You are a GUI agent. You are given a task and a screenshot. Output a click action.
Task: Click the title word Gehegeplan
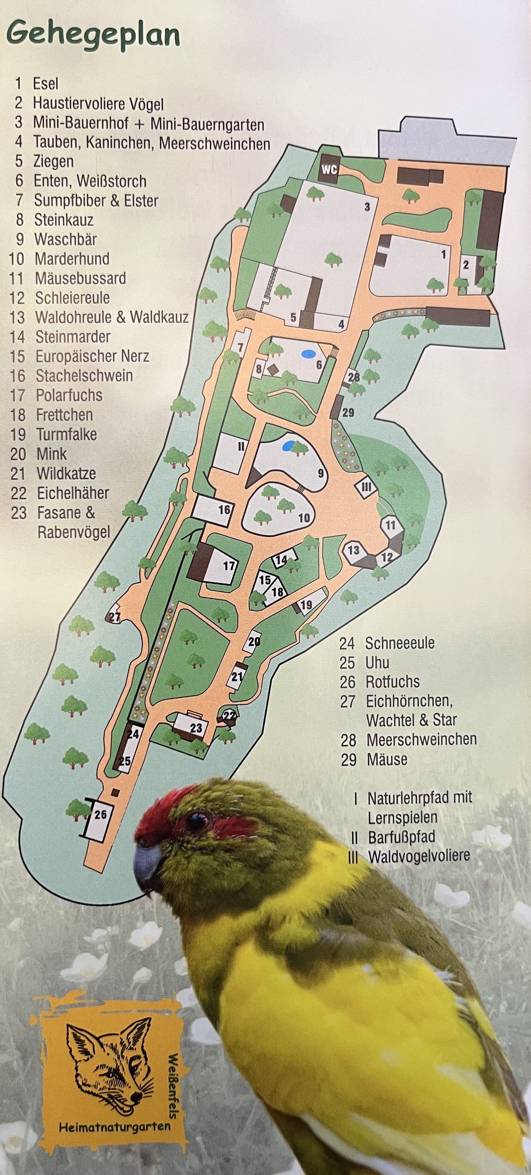[x=93, y=35]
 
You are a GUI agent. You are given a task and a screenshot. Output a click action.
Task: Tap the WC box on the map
[x=329, y=169]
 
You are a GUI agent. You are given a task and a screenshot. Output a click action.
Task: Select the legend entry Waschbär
[x=65, y=239]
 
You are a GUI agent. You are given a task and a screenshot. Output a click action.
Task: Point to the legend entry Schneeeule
[x=399, y=643]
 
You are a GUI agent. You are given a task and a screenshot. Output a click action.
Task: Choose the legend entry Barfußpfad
[x=401, y=837]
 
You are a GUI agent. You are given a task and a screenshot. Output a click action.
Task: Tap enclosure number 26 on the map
[x=100, y=814]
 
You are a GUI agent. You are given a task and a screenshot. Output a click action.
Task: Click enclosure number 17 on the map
[x=229, y=566]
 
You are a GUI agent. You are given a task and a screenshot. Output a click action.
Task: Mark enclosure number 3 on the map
[x=367, y=207]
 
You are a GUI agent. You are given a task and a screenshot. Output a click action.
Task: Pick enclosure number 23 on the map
[x=196, y=728]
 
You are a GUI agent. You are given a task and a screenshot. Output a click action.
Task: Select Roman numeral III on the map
[x=367, y=487]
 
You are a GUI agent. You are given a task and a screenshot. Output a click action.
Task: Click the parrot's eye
[x=196, y=821]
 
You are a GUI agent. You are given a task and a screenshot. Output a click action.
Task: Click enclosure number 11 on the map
[x=391, y=525]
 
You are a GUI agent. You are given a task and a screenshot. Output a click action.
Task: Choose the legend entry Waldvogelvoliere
[x=418, y=856]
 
